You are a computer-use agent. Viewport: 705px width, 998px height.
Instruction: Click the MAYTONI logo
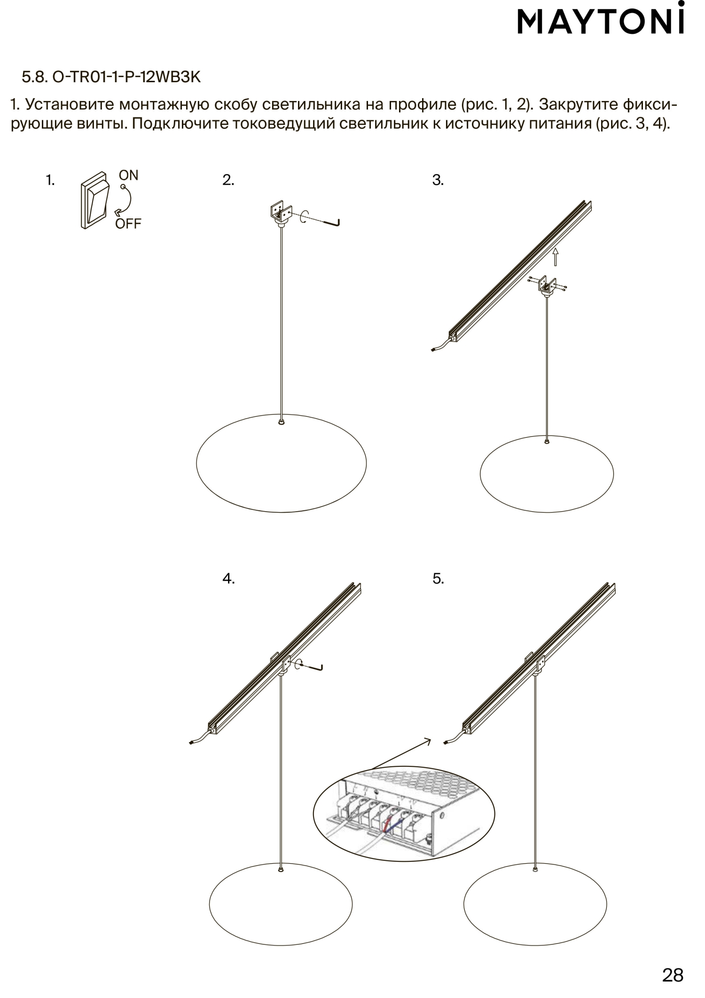601,23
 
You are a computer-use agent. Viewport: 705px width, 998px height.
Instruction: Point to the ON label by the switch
128,175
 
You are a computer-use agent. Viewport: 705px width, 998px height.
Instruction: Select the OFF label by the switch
128,224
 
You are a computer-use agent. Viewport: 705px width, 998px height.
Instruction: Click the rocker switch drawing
95,201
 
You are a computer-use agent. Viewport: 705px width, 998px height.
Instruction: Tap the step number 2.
228,180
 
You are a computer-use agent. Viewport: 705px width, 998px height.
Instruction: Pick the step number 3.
438,180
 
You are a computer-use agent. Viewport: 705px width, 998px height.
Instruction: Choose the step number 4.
228,579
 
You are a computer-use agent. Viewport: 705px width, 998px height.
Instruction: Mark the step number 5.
438,579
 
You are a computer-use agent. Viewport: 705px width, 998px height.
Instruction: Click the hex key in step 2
329,221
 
